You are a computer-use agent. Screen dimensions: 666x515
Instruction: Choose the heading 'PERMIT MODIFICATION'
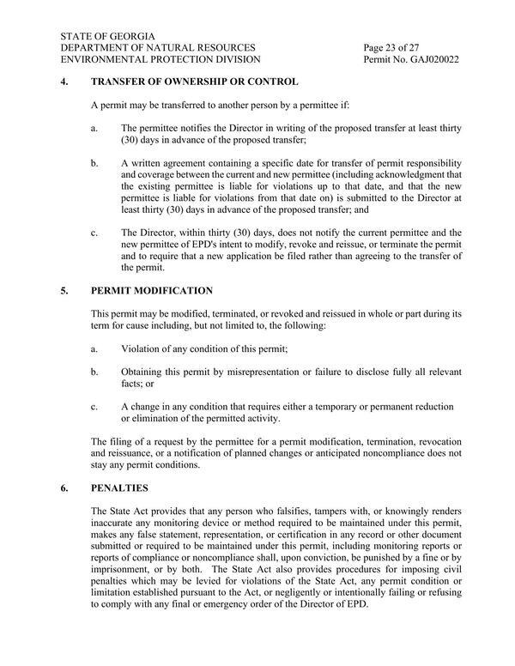(x=151, y=291)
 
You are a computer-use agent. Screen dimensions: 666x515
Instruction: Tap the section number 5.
(x=65, y=291)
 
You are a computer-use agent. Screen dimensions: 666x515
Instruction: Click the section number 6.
(x=65, y=488)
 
